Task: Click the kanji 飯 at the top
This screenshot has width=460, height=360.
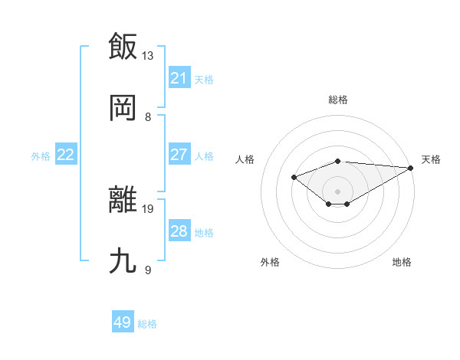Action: (x=123, y=46)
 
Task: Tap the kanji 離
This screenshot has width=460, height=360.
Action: (x=123, y=200)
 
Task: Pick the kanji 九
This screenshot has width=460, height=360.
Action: (x=123, y=261)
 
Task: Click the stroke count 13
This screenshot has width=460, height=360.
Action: (x=148, y=55)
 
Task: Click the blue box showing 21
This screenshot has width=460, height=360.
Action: (x=179, y=77)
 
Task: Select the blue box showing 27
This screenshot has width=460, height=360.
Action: (x=179, y=154)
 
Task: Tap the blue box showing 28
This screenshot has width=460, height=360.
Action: (x=179, y=231)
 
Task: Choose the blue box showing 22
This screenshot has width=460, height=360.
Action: (x=65, y=155)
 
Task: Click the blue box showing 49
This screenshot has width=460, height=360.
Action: (x=123, y=322)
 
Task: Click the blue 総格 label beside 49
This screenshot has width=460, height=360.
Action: (x=147, y=324)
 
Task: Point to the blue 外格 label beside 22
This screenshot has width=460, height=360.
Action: (x=41, y=156)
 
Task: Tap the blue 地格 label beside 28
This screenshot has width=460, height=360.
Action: (x=204, y=233)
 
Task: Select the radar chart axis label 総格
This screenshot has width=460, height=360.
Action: (x=338, y=100)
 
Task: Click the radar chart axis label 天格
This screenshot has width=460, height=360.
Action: (x=431, y=159)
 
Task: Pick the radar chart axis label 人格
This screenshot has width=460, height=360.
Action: (x=245, y=159)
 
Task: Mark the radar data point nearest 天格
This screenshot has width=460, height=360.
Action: (x=411, y=167)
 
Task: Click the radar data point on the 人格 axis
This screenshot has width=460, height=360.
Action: (x=294, y=177)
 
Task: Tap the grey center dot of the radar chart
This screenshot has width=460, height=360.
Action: (x=338, y=191)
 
